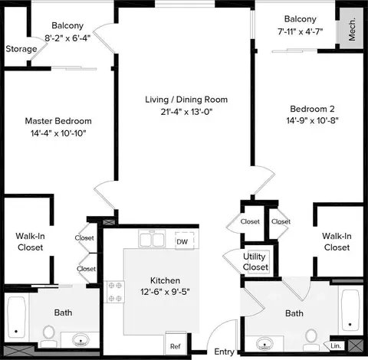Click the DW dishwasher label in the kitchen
click(182, 241)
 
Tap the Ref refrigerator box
click(176, 343)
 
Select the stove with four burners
click(114, 292)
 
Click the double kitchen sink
click(152, 239)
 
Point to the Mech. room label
click(352, 29)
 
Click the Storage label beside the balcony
click(21, 49)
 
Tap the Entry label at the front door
click(224, 352)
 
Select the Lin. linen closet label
click(336, 346)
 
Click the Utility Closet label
click(255, 262)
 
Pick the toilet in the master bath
click(48, 335)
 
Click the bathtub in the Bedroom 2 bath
click(350, 310)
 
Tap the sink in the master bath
click(80, 340)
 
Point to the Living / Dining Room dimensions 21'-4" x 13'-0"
click(186, 112)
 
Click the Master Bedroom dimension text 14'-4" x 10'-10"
click(58, 133)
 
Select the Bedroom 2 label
click(312, 109)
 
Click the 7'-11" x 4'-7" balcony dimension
click(301, 31)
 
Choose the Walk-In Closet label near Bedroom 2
click(337, 241)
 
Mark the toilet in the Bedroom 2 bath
click(311, 339)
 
